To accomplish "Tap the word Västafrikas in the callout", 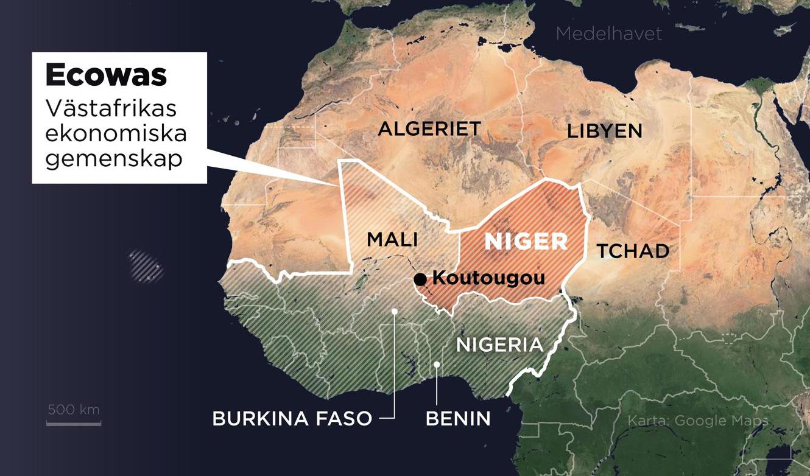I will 111,108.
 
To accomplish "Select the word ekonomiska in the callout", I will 116,133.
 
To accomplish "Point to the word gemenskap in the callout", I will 114,158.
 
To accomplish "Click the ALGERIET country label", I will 429,129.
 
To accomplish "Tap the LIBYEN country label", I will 604,131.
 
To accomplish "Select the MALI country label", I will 392,240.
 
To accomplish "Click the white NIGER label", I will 526,242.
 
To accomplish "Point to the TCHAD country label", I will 633,251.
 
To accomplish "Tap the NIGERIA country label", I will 499,345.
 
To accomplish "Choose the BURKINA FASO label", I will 292,419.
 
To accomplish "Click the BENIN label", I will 457,419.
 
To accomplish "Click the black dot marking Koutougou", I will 420,279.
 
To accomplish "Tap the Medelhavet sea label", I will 608,33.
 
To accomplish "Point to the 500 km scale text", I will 74,409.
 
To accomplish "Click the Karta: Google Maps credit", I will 697,421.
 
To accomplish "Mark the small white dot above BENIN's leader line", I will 437,364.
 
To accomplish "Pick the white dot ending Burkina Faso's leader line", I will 395,311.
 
